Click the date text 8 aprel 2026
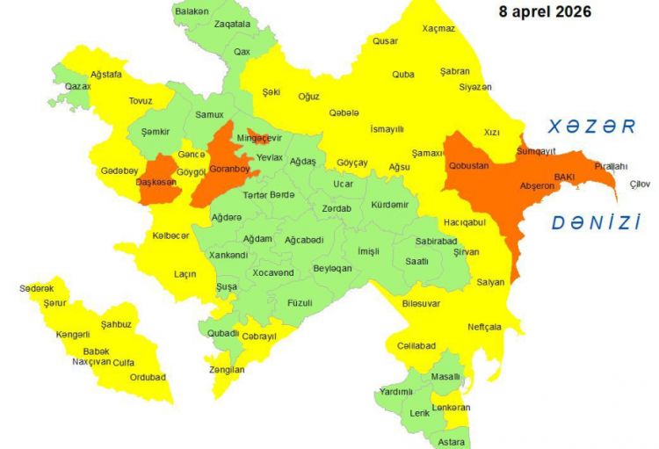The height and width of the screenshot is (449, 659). [x=545, y=12]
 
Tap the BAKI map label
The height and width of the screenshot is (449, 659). [x=562, y=177]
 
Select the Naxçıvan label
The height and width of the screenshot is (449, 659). [x=91, y=361]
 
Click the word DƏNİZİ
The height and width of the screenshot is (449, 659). [x=596, y=223]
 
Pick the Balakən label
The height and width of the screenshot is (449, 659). [x=192, y=11]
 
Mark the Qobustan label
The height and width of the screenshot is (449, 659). [x=468, y=166]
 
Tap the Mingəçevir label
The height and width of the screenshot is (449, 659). [x=259, y=138]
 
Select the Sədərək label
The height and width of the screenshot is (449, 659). [x=37, y=288]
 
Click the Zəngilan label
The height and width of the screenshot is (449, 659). [x=227, y=370]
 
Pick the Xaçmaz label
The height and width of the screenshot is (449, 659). [x=438, y=28]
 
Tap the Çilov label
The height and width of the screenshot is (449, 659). [x=640, y=184]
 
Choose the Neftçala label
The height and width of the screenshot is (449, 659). [x=483, y=326]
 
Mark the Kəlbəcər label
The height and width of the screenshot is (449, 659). [x=170, y=235]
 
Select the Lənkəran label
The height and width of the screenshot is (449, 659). [x=451, y=408]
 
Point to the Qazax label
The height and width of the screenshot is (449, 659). [x=77, y=87]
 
